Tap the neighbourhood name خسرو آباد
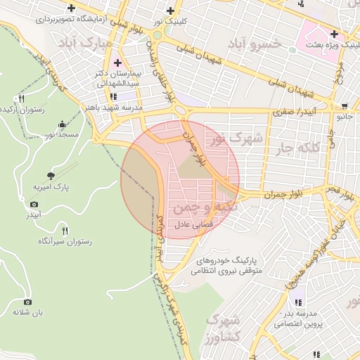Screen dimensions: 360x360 (257, 43)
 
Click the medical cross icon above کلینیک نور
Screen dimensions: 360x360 (171, 11)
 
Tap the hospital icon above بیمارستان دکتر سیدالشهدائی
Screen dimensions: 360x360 (116, 63)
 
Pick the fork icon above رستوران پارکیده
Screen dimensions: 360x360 (22, 98)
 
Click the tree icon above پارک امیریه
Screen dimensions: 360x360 (51, 175)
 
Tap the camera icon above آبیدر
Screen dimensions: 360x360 (34, 204)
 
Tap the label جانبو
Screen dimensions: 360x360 (342, 117)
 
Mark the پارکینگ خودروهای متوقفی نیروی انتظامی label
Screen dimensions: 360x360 (229, 264)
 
